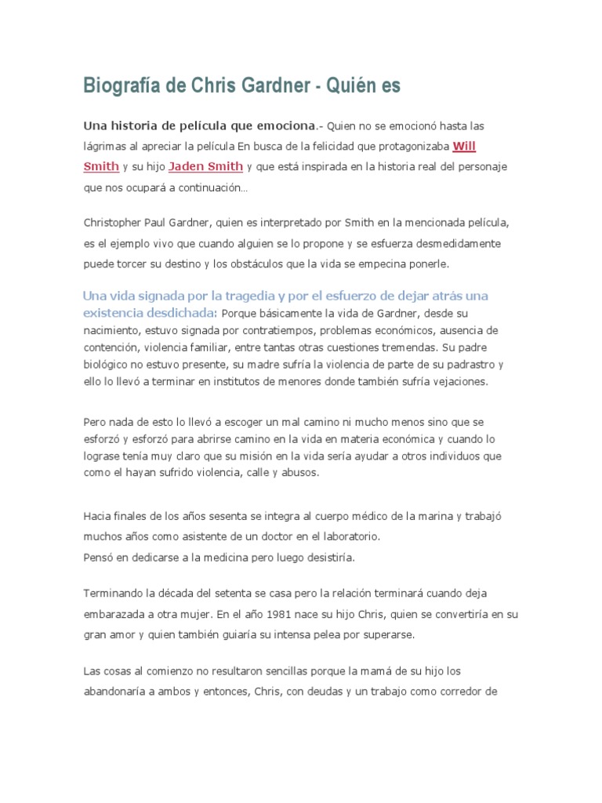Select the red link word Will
coord(464,145)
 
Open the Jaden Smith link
coord(205,166)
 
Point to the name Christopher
coord(112,223)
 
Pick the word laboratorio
coord(345,537)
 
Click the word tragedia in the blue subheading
coord(266,296)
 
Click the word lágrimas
coord(108,146)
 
